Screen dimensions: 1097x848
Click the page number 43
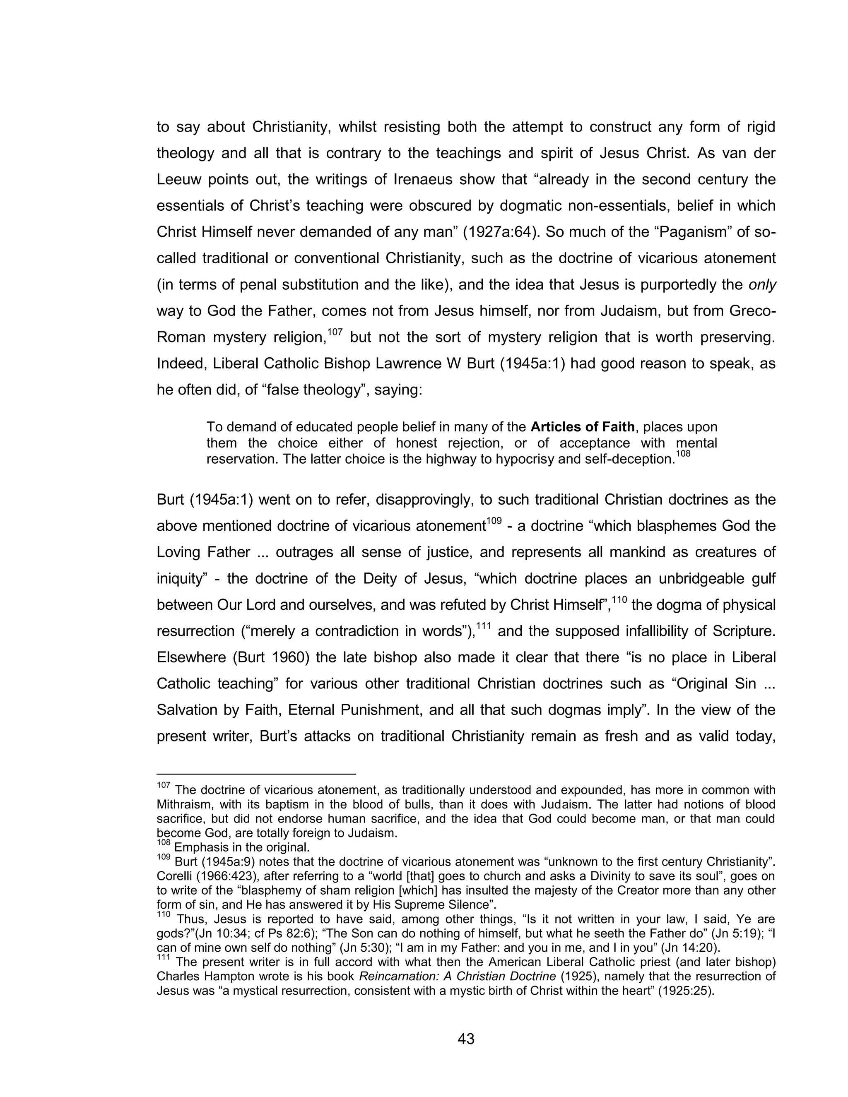[466, 1039]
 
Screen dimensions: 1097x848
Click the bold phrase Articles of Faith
[583, 427]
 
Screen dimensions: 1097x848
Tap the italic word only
[762, 285]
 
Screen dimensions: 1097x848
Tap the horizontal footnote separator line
[256, 775]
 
